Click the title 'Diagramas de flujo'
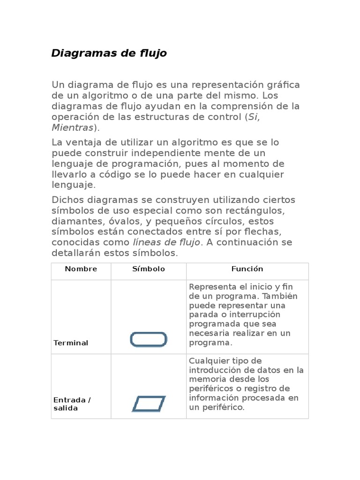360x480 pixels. (x=109, y=53)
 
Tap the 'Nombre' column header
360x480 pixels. (x=81, y=269)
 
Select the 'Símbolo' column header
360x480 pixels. (x=149, y=269)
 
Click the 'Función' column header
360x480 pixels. (x=247, y=269)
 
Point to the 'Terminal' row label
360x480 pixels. (x=71, y=343)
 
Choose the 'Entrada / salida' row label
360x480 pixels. (x=72, y=404)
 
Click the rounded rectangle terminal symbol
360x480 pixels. (x=148, y=339)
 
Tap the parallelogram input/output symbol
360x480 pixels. (x=149, y=404)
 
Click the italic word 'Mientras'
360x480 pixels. (x=72, y=127)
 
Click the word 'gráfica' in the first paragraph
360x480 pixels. (x=283, y=85)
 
